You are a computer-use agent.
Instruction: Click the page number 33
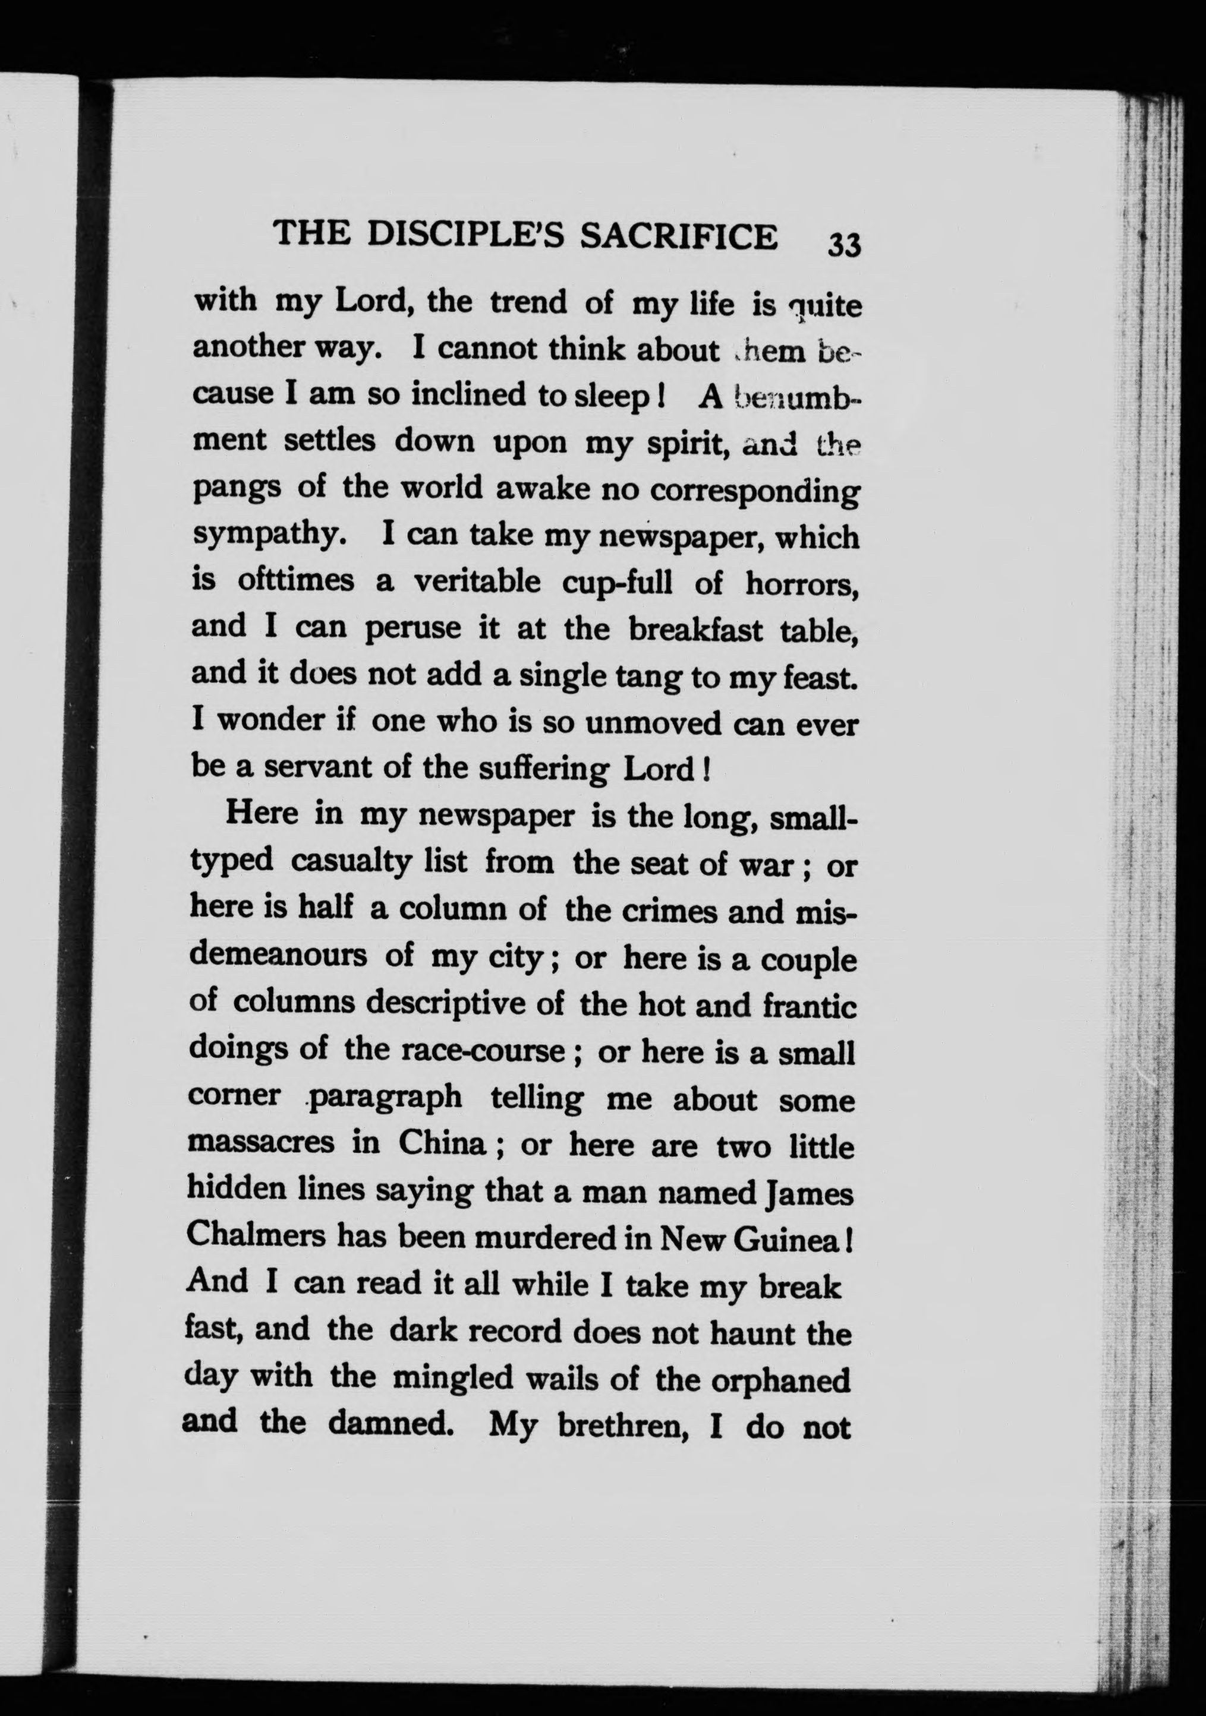[845, 244]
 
